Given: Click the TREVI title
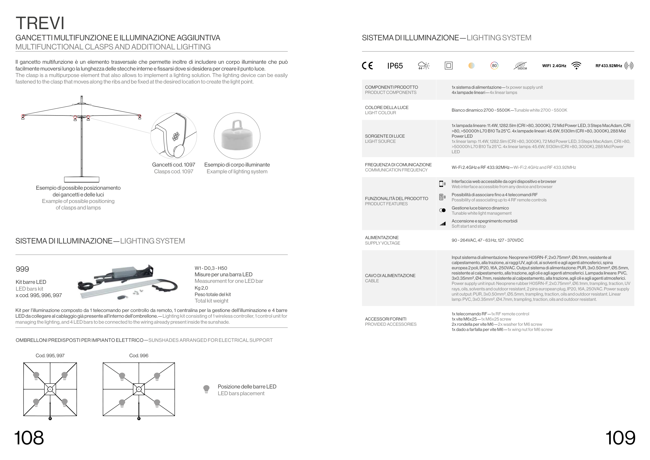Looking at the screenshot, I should click(40, 23).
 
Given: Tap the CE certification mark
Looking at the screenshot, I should click(367, 66).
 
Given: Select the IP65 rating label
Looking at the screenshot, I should click(395, 66).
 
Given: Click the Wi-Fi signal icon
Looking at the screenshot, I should click(576, 66).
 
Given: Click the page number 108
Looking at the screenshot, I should click(29, 438).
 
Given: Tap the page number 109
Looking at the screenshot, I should click(620, 438).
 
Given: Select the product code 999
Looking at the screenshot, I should click(22, 269).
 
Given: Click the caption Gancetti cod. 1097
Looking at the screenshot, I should click(173, 165).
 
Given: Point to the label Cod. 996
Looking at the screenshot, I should click(139, 355).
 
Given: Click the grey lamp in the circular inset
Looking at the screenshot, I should click(237, 137).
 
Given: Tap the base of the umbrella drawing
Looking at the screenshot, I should click(82, 179).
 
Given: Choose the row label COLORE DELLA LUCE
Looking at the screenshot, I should click(386, 108).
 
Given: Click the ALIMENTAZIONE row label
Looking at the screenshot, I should click(382, 238).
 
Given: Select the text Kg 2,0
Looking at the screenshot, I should click(201, 288).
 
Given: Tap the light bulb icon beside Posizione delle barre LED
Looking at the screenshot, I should click(206, 389).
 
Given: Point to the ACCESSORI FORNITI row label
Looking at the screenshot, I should click(386, 319).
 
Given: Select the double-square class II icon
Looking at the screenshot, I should click(448, 66).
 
